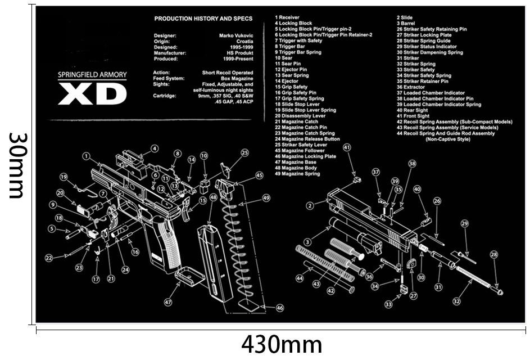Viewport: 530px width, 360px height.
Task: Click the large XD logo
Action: tap(92, 94)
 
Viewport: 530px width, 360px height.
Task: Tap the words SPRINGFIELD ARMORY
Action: tap(92, 74)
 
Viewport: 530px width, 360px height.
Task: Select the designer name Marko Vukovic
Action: tap(236, 35)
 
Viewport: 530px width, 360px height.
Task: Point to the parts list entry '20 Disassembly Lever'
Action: tap(300, 116)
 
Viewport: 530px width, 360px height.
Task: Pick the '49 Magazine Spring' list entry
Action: tap(297, 174)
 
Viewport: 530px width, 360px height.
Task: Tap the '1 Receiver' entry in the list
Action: tap(287, 17)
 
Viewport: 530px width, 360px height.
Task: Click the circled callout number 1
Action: tap(86, 156)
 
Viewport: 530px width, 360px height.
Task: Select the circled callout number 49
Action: tap(266, 198)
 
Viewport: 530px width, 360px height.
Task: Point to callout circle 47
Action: tap(168, 302)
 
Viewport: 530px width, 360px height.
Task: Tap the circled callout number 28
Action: tap(494, 255)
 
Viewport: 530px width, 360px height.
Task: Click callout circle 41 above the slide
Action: tap(347, 147)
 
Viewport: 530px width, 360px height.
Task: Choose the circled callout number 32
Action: tap(456, 301)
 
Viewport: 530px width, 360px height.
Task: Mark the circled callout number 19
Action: tap(64, 177)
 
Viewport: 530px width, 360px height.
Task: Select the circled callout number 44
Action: tap(300, 277)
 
